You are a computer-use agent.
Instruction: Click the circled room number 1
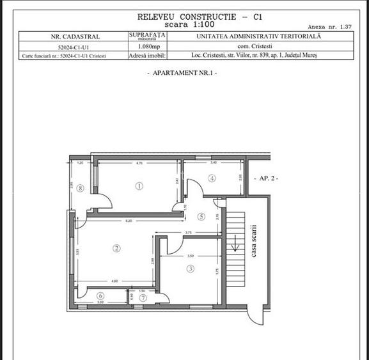(139, 186)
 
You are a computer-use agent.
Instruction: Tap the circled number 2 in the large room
(116, 248)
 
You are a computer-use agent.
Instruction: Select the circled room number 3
(190, 269)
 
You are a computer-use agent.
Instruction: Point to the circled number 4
(212, 178)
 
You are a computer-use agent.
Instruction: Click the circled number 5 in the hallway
(201, 217)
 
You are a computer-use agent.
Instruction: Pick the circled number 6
(100, 295)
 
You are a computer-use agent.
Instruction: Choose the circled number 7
(143, 297)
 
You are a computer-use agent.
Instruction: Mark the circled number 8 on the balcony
(80, 188)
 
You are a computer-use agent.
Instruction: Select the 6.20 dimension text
(128, 221)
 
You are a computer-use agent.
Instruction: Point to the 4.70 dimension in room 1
(139, 164)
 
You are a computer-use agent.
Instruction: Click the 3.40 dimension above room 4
(214, 164)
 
